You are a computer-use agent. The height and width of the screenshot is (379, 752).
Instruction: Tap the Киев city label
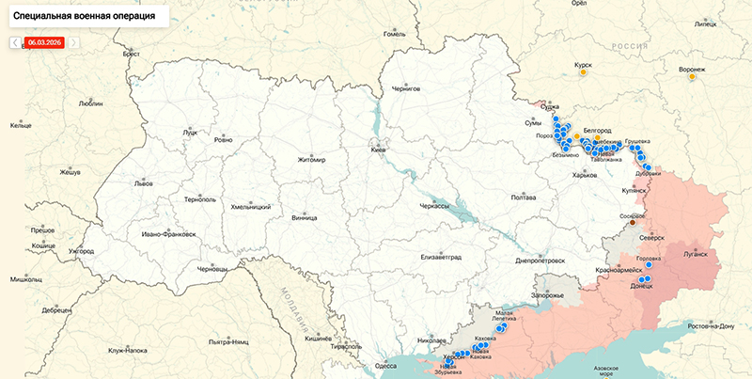click(x=378, y=150)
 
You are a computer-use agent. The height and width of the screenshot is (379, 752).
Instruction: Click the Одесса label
click(x=385, y=365)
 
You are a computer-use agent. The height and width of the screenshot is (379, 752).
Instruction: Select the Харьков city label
click(x=585, y=175)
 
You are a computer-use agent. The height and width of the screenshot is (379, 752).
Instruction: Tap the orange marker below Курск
click(x=584, y=72)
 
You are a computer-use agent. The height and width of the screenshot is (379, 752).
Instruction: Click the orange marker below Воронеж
click(x=693, y=77)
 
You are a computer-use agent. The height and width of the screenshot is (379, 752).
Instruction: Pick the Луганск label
click(x=694, y=254)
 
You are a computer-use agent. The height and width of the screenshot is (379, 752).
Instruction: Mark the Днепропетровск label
click(x=540, y=260)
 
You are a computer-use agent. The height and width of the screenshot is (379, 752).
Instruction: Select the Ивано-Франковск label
click(x=168, y=233)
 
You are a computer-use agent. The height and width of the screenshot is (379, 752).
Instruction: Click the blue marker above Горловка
click(x=649, y=265)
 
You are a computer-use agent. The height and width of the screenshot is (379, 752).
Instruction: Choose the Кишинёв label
click(x=320, y=337)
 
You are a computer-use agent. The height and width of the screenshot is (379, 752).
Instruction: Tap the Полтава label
click(x=523, y=197)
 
